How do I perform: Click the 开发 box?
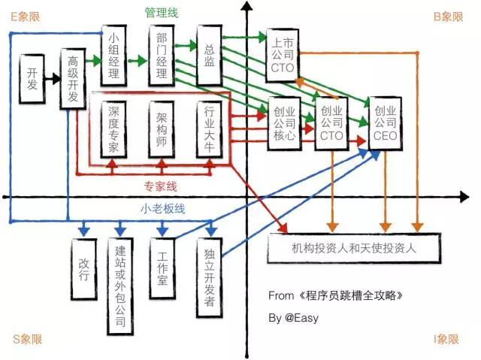[x=31, y=76]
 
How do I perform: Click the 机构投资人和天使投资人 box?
[x=352, y=246]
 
